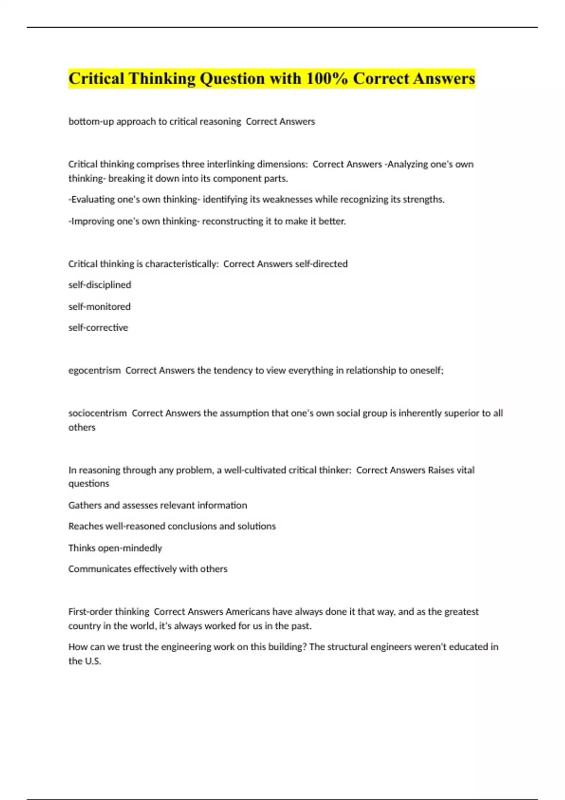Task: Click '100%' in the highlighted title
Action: [x=327, y=79]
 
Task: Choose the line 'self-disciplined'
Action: [x=100, y=285]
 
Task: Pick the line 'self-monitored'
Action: [x=99, y=307]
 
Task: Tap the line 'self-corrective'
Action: [x=98, y=328]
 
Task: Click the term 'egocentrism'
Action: [x=95, y=370]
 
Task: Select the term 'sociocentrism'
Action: [x=97, y=413]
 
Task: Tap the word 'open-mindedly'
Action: [x=130, y=548]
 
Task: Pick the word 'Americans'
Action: [x=248, y=612]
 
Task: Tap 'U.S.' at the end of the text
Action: [x=93, y=661]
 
